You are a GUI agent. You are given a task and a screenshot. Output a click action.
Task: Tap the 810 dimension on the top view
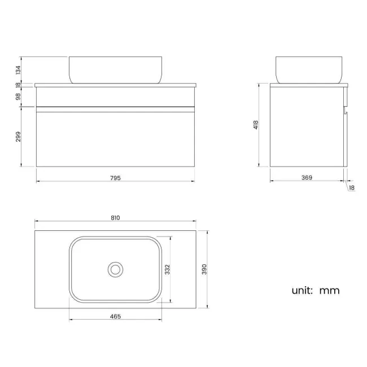click(116, 217)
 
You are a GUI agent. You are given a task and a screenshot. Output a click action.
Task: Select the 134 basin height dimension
click(18, 69)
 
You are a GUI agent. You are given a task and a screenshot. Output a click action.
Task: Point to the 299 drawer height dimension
click(18, 137)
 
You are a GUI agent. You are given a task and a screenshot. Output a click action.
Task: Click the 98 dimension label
click(18, 97)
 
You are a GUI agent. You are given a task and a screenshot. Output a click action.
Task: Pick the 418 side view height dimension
click(256, 125)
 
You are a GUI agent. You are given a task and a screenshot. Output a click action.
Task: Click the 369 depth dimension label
click(307, 178)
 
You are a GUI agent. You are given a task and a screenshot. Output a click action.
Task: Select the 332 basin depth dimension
click(167, 269)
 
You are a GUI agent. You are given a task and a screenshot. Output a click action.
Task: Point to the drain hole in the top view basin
click(116, 269)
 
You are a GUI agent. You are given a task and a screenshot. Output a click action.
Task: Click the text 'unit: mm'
click(316, 291)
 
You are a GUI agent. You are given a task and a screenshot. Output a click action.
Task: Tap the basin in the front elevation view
click(115, 69)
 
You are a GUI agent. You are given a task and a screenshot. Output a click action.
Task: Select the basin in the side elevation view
click(309, 69)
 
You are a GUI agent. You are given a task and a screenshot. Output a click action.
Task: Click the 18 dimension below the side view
click(352, 188)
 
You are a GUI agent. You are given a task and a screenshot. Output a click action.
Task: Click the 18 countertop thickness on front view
click(18, 85)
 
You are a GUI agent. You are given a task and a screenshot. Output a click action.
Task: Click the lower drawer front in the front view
click(115, 137)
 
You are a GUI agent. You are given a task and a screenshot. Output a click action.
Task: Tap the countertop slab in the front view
click(115, 85)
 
